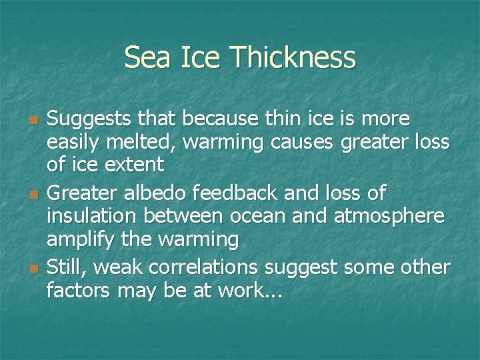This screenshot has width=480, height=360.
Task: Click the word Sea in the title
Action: pos(144,57)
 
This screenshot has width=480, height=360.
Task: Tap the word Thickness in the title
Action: pos(293,57)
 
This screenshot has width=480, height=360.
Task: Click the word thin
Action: pos(283,119)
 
